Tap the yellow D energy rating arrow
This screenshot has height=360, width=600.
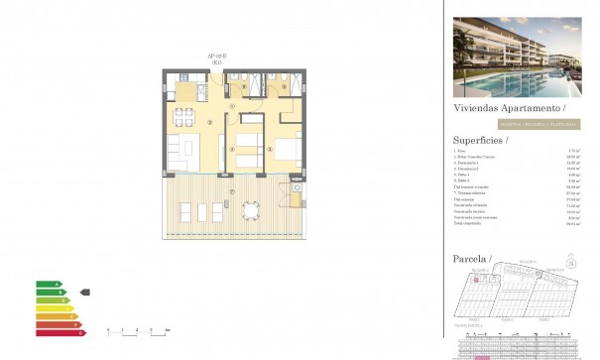click(x=51, y=307)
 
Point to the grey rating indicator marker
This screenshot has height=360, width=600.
click(x=84, y=292)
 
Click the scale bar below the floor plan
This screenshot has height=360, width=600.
click(x=137, y=329)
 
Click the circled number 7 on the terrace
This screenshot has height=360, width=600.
click(x=232, y=191)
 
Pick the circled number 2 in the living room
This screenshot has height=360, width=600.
click(x=210, y=123)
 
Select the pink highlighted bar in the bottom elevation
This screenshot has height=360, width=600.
click(x=483, y=355)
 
